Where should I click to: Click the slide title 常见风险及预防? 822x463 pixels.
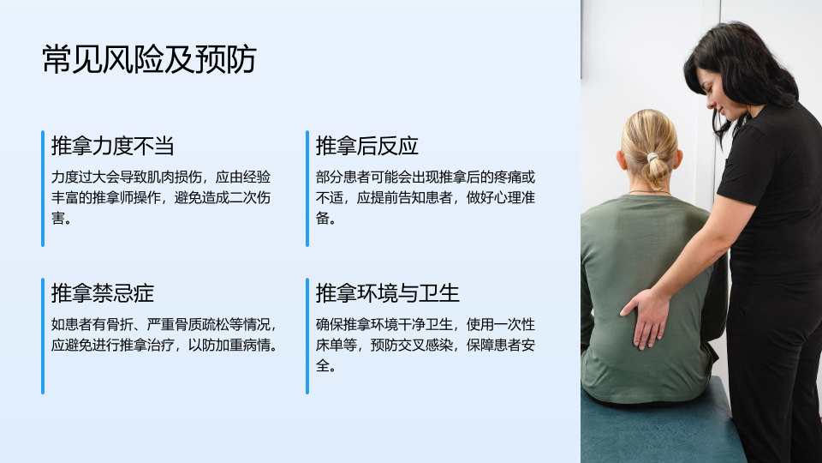[x=149, y=59]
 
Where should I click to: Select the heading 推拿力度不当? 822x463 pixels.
[x=113, y=146]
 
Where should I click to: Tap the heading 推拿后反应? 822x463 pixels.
[x=367, y=146]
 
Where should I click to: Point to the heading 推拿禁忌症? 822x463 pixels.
[x=103, y=293]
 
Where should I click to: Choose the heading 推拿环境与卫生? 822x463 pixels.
[x=387, y=293]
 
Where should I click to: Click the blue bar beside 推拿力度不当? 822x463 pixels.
[x=43, y=189]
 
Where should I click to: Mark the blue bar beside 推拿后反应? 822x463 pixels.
[x=307, y=189]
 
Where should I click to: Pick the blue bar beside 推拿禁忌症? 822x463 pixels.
[x=43, y=336]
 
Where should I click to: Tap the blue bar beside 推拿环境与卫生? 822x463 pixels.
[x=307, y=336]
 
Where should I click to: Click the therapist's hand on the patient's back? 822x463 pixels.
[x=646, y=317]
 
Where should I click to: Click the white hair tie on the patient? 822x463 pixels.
[x=652, y=157]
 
